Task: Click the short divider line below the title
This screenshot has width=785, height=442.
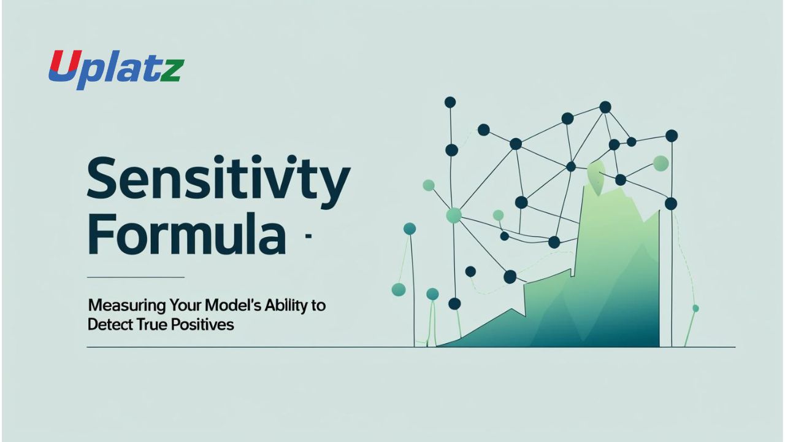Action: (136, 277)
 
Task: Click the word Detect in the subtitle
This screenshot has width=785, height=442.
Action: (107, 324)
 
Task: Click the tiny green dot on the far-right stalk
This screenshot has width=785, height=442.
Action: (695, 308)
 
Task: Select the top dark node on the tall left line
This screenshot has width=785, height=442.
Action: (450, 102)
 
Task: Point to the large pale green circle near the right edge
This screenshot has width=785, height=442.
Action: (661, 163)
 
